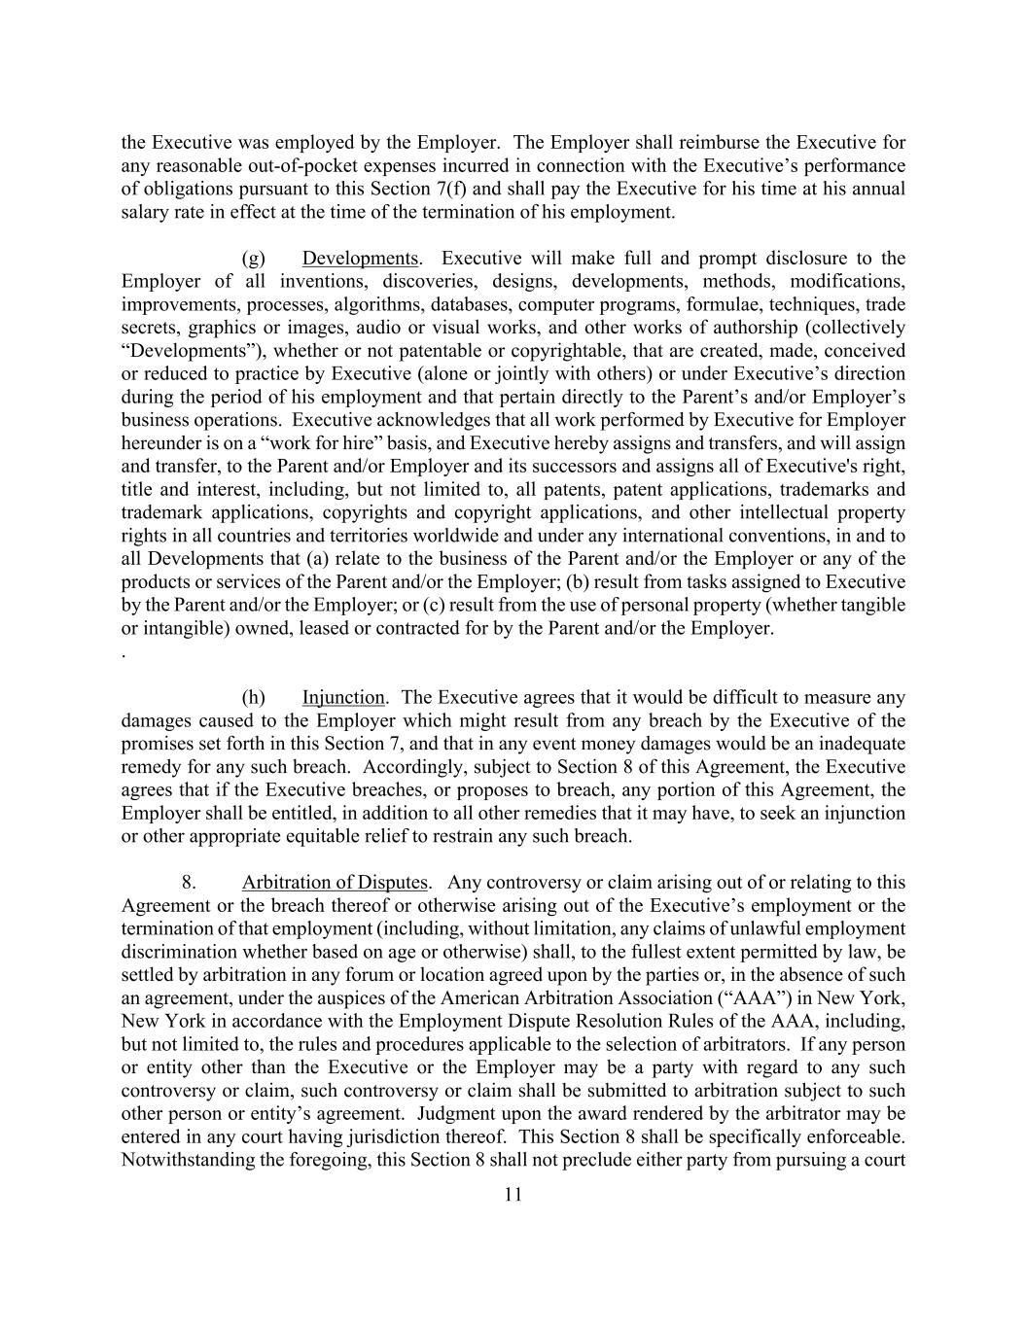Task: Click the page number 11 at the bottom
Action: click(x=513, y=1195)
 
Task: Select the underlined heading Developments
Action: click(x=360, y=259)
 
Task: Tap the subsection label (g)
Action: click(x=253, y=259)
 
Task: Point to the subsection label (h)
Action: click(x=253, y=698)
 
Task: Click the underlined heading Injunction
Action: click(x=343, y=698)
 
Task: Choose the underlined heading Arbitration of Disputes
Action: click(x=335, y=883)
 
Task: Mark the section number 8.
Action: click(x=190, y=883)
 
